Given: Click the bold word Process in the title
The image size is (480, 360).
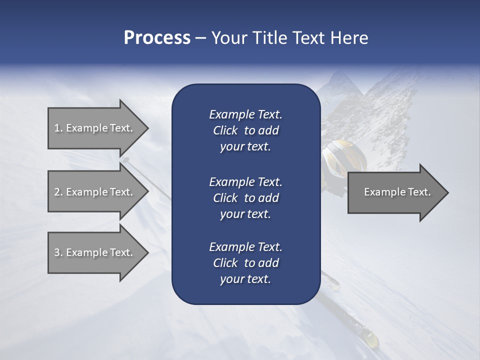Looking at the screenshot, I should click(157, 38).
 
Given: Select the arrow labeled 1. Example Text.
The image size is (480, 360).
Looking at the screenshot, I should click(95, 128).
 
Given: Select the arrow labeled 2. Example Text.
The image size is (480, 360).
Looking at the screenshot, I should click(95, 192).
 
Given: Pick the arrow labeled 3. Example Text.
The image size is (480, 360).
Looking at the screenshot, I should click(95, 252).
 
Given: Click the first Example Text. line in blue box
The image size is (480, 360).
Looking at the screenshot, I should click(245, 114).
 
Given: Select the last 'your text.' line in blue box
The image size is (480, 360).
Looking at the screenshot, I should click(245, 279).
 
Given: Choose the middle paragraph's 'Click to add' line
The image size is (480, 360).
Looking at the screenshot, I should click(245, 198).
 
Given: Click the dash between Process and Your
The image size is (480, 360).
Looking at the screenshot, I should click(200, 38).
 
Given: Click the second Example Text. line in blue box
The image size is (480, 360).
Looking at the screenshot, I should click(245, 181).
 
